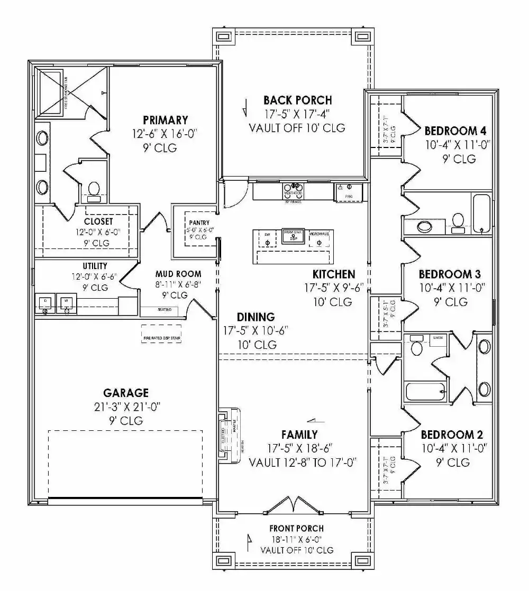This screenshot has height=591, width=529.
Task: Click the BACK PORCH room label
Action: tap(297, 100)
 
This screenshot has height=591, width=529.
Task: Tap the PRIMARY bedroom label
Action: tap(165, 120)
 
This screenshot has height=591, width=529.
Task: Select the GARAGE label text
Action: tap(125, 393)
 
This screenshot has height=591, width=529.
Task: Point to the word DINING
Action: tap(256, 317)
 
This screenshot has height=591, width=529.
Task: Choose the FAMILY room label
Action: tap(299, 435)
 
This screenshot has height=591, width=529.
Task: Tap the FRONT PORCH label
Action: tap(296, 528)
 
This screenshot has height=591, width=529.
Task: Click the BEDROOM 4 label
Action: tap(455, 131)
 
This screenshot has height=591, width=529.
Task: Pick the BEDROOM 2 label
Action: tap(452, 435)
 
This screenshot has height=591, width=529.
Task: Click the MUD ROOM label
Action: tap(178, 274)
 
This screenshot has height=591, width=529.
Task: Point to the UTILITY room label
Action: tap(95, 266)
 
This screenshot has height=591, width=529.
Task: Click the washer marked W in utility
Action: tap(67, 303)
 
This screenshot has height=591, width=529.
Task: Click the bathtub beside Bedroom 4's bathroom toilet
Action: tap(481, 213)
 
